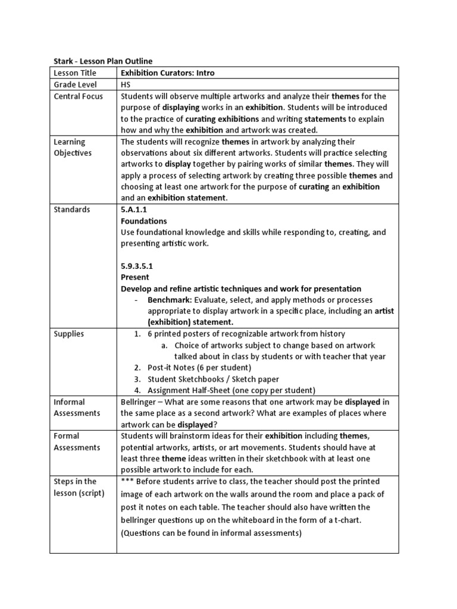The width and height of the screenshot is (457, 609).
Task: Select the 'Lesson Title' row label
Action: tap(75, 73)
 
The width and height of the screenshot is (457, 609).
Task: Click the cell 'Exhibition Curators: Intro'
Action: tap(167, 73)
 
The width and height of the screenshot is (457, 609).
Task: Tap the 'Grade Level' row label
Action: tap(76, 84)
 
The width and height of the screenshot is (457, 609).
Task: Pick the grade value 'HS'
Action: tap(126, 84)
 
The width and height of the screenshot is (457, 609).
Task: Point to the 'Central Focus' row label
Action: tap(78, 96)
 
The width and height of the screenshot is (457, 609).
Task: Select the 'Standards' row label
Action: tap(72, 209)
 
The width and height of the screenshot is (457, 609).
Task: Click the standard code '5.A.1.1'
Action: tap(134, 209)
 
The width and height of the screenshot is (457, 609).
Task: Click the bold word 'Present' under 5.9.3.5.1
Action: tap(135, 277)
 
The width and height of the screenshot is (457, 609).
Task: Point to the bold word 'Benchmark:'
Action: tap(170, 300)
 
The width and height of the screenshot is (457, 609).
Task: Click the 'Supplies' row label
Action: tap(69, 334)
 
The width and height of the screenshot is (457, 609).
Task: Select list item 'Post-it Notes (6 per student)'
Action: tap(199, 368)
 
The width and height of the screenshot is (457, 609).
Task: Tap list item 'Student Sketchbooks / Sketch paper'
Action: tap(213, 379)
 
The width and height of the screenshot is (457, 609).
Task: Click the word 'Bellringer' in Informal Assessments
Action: tap(140, 402)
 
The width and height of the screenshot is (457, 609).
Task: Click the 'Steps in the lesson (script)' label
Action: tap(79, 487)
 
